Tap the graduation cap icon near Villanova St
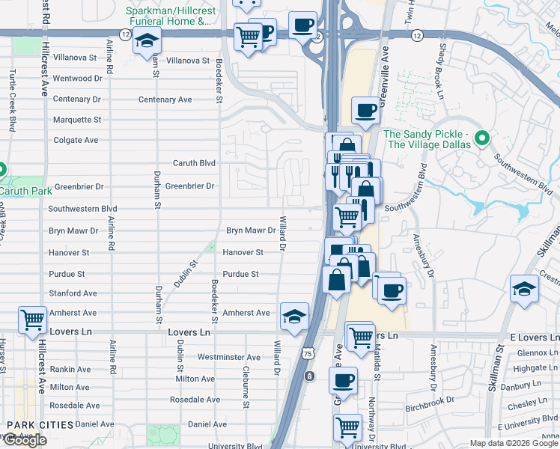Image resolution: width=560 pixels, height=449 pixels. tap(147, 41)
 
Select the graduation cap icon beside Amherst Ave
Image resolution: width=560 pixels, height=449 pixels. tap(294, 317)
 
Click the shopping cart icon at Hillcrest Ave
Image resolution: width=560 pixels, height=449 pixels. tap(33, 320)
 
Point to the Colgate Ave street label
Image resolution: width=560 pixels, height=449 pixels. tap(76, 140)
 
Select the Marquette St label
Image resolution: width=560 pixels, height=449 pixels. tap(76, 120)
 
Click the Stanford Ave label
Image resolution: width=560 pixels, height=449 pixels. tap(73, 293)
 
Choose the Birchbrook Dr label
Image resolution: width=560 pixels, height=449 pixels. tap(430, 400)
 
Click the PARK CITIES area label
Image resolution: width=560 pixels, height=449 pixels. tap(40, 425)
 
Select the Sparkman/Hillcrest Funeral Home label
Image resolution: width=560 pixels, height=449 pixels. tap(168, 17)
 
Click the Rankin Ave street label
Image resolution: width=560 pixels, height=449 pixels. tap(70, 369)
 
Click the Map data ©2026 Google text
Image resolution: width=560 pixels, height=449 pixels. tap(513, 443)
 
